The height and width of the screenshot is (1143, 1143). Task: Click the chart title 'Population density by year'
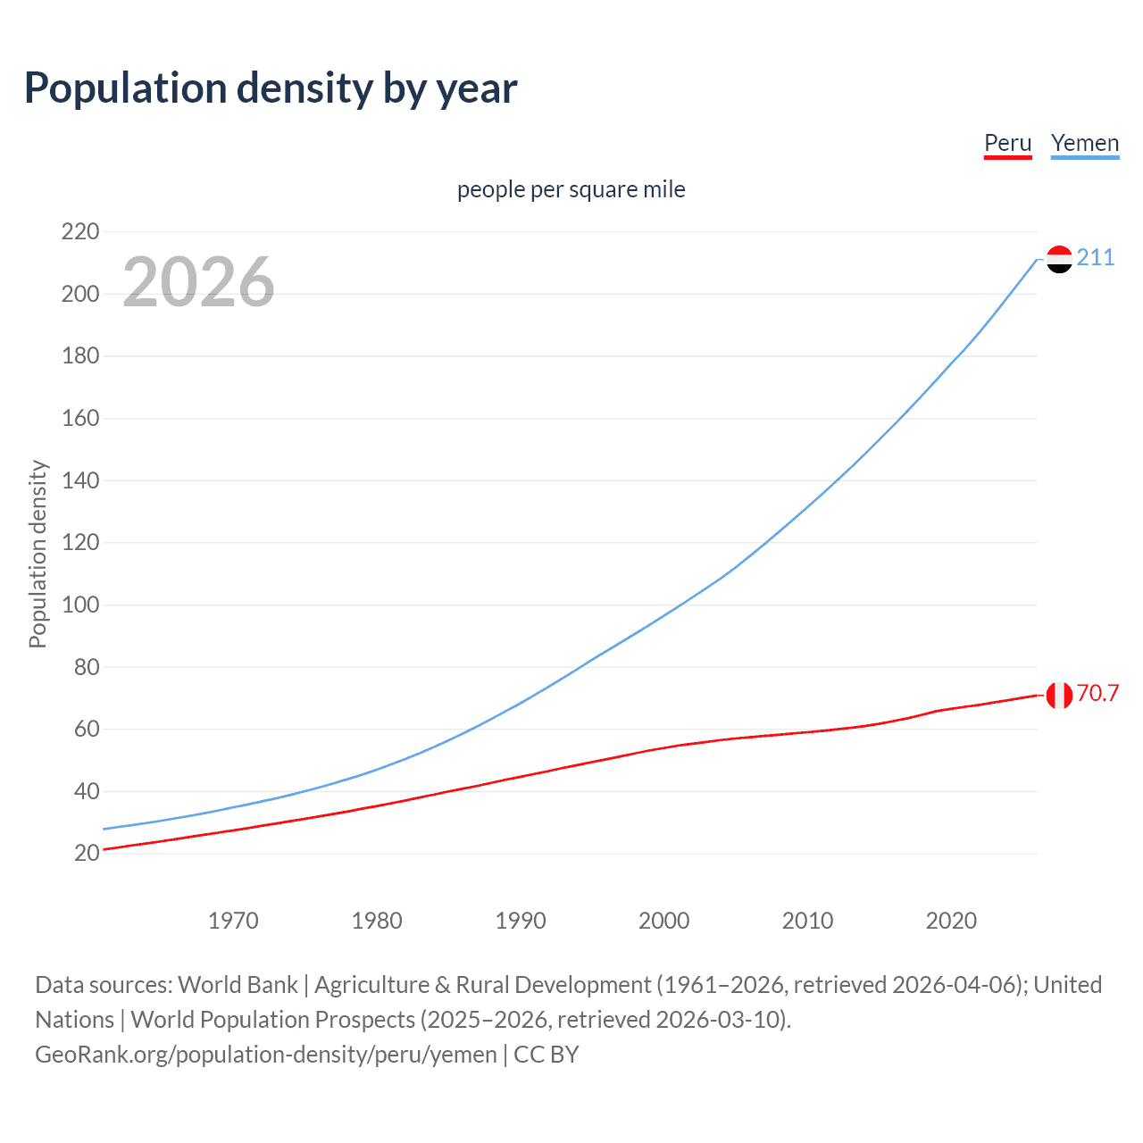271,88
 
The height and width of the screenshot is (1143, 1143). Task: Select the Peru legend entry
1007,143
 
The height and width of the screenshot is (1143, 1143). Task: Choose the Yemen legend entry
1084,143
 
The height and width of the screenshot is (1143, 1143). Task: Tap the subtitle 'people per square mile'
571,189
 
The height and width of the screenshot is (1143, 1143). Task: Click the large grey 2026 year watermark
198,282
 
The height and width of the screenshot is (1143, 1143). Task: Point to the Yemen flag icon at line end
1059,259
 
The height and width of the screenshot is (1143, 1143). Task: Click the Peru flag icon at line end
1059,695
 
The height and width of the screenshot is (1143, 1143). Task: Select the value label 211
1096,258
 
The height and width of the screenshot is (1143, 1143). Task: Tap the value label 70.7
1097,694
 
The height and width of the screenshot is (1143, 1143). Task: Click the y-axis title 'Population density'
38,554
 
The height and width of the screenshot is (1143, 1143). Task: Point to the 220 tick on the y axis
80,232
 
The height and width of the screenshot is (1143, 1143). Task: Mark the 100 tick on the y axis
80,605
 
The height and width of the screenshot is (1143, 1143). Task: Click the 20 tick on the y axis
87,854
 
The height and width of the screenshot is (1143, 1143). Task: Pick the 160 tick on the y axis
80,419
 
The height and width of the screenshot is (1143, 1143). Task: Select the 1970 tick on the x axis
233,921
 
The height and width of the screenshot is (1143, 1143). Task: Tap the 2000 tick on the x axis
663,921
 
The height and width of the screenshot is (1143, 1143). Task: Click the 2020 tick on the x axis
951,921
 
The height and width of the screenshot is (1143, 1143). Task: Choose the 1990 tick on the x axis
521,921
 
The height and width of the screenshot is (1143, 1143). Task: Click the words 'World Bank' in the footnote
238,985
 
